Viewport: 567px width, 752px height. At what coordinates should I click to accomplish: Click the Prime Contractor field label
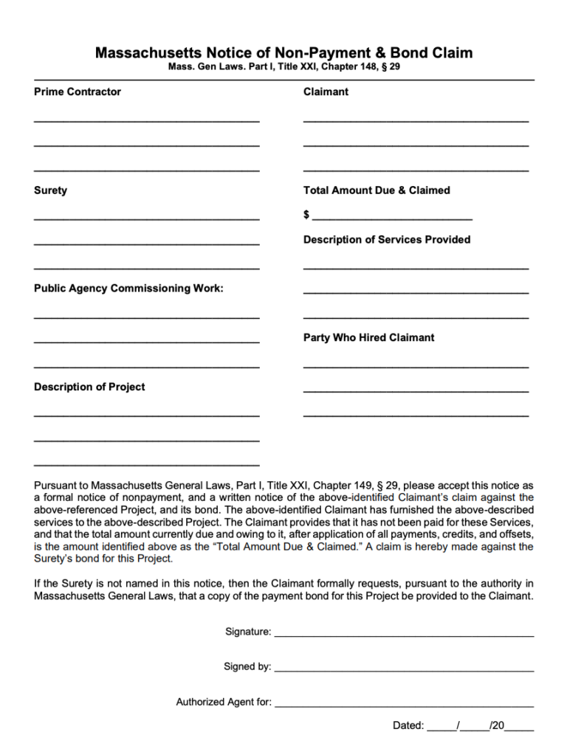[78, 92]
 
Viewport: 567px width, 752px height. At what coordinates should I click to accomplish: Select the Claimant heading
[326, 92]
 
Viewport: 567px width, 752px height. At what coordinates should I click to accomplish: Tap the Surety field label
[50, 190]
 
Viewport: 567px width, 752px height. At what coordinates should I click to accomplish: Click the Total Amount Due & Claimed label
[377, 190]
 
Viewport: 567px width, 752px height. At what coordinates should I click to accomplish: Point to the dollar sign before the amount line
[306, 215]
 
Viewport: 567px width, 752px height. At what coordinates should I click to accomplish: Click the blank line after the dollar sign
[392, 218]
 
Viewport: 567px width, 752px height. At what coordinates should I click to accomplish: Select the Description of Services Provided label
[387, 240]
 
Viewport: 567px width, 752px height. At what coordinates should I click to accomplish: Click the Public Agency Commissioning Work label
[128, 289]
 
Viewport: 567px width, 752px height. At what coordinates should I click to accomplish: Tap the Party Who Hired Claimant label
[369, 338]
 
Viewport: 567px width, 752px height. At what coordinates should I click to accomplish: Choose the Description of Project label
[89, 387]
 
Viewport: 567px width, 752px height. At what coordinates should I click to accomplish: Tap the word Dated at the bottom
[408, 726]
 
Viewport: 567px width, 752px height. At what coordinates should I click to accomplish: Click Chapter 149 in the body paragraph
[345, 486]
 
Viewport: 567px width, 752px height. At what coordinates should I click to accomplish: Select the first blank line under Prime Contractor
[146, 120]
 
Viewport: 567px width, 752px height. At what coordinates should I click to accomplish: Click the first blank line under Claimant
[416, 120]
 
